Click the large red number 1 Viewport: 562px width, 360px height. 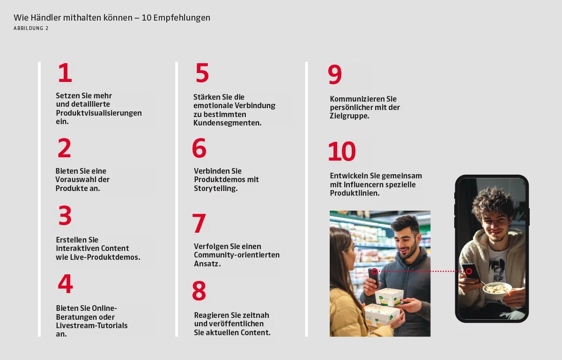(x=65, y=73)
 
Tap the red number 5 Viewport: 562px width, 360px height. (x=202, y=73)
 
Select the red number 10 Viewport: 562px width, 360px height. (x=342, y=151)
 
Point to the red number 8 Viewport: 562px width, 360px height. (x=199, y=291)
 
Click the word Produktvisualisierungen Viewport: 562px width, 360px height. (x=99, y=113)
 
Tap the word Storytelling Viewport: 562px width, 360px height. (x=216, y=188)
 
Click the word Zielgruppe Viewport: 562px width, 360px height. (x=349, y=116)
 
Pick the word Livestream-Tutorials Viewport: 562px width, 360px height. (x=92, y=325)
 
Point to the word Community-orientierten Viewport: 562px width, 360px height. (x=237, y=255)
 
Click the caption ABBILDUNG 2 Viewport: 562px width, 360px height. (x=31, y=29)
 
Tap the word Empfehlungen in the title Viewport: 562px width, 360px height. (x=182, y=18)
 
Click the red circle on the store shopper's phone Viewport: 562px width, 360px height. (x=374, y=271)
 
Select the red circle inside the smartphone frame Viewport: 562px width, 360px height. (x=469, y=271)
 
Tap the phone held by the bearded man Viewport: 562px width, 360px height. (x=374, y=278)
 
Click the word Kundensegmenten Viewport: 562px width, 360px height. (x=227, y=123)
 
